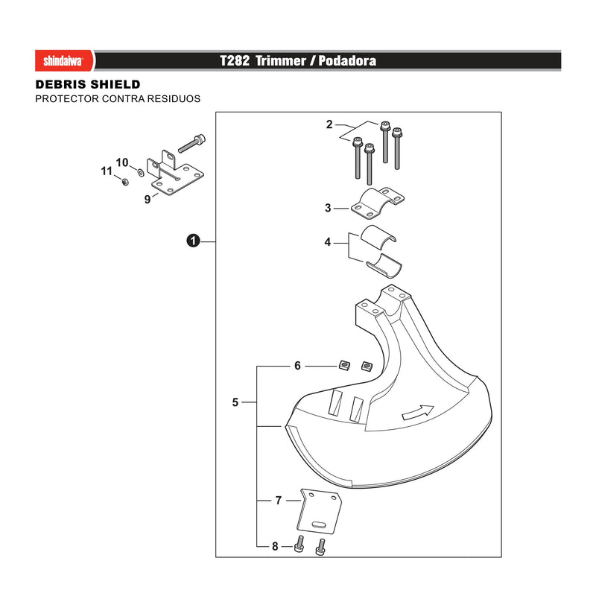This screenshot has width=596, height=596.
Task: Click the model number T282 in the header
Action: tap(235, 61)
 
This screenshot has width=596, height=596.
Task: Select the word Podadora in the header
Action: tap(347, 61)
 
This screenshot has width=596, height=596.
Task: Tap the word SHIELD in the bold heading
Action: tap(113, 84)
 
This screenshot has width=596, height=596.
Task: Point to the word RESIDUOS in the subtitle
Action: tap(174, 99)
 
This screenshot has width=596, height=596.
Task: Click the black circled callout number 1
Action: tap(193, 241)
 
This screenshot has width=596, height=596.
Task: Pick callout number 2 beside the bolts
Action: tap(329, 124)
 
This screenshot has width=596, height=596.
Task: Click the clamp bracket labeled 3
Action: tap(377, 203)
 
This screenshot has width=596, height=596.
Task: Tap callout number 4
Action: tap(328, 242)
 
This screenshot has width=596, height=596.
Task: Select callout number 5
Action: tap(235, 402)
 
